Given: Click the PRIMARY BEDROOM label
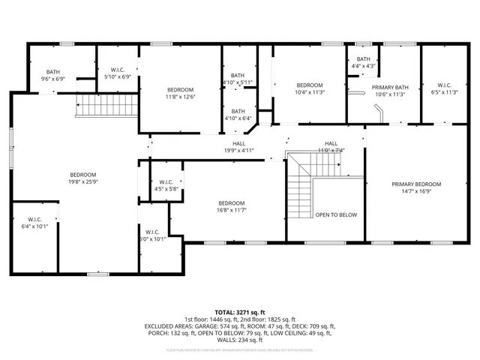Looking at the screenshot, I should click(x=418, y=184).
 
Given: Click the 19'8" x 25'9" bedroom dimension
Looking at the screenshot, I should click(x=82, y=181).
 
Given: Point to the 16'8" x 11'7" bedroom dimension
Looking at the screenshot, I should click(x=232, y=211).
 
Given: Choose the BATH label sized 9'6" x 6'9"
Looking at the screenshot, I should click(x=52, y=72).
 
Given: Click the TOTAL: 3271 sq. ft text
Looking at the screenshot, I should click(x=240, y=311).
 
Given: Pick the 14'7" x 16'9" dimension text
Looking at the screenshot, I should click(x=418, y=191).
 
